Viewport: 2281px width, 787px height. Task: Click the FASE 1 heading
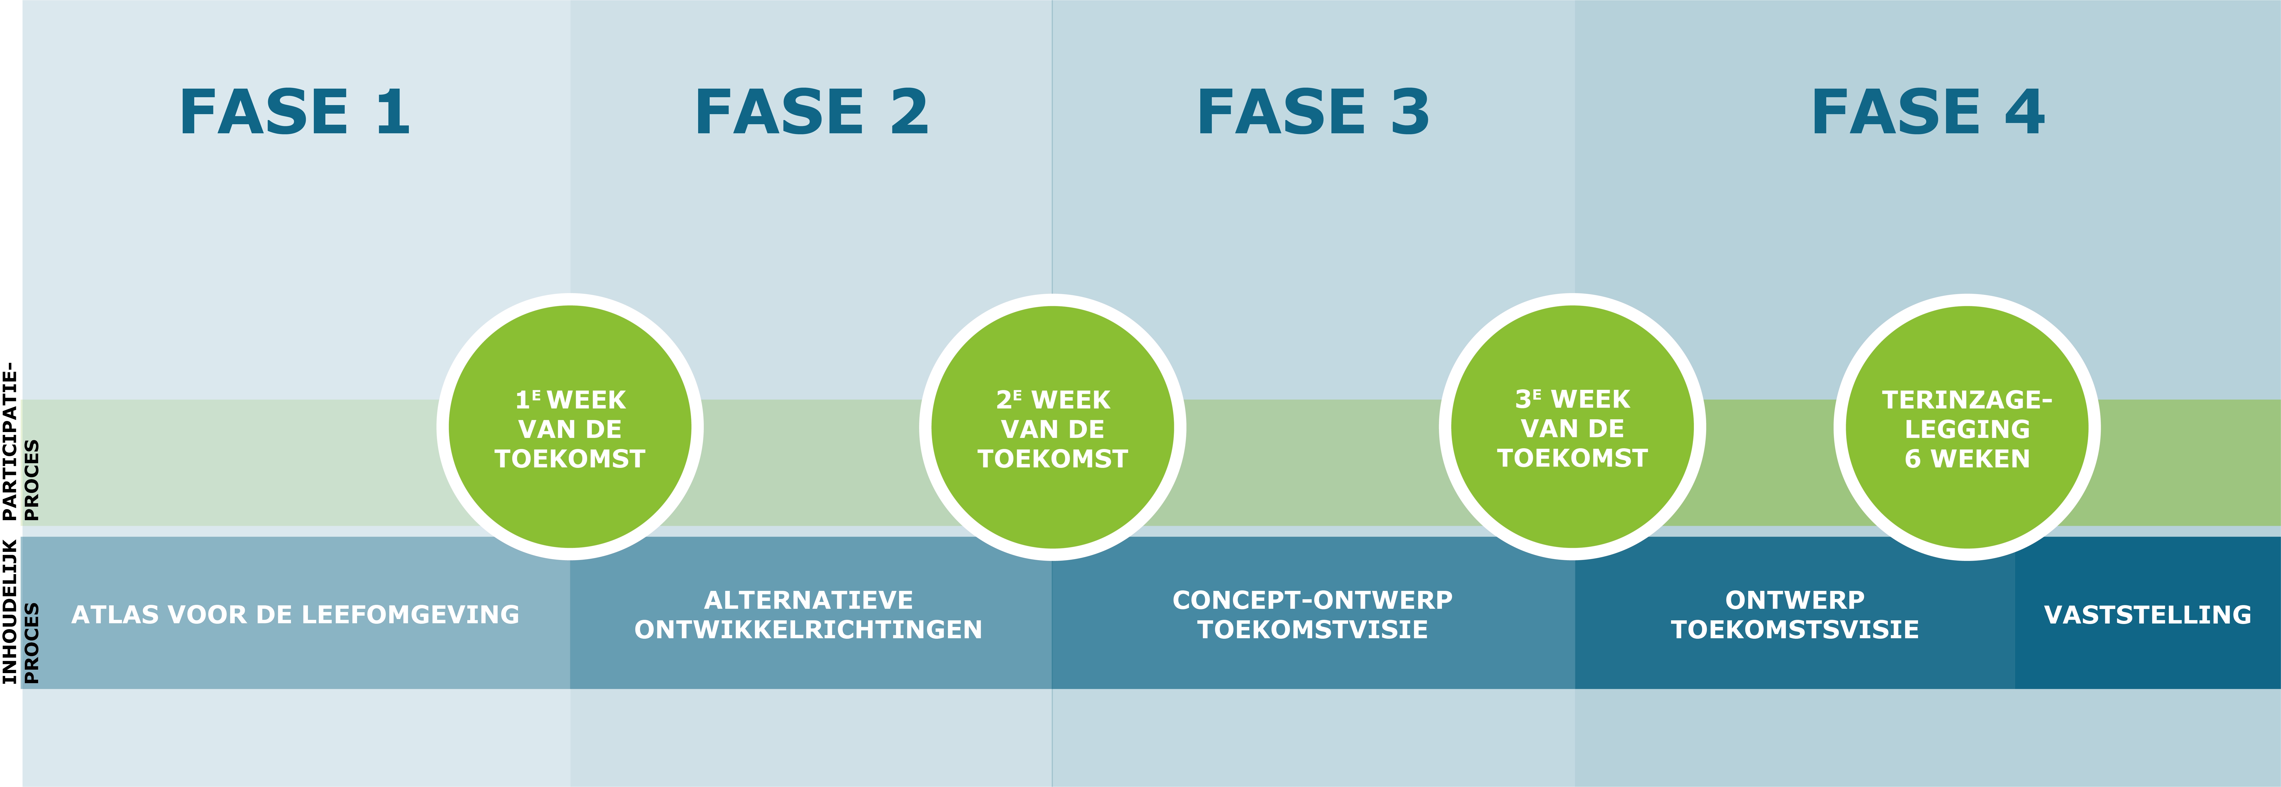295,112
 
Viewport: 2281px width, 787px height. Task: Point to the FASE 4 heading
1928,112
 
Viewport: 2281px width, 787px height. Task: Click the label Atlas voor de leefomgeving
295,614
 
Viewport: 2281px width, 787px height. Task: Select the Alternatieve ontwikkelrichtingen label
808,614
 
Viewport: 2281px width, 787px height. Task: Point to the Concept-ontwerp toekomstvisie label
1312,614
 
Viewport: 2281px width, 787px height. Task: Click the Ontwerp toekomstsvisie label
1795,614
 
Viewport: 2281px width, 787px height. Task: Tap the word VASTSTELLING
2147,614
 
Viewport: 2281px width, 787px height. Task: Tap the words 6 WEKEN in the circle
1967,459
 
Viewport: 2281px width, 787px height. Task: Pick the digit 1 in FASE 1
392,112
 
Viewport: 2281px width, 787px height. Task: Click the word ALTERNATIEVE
808,600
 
